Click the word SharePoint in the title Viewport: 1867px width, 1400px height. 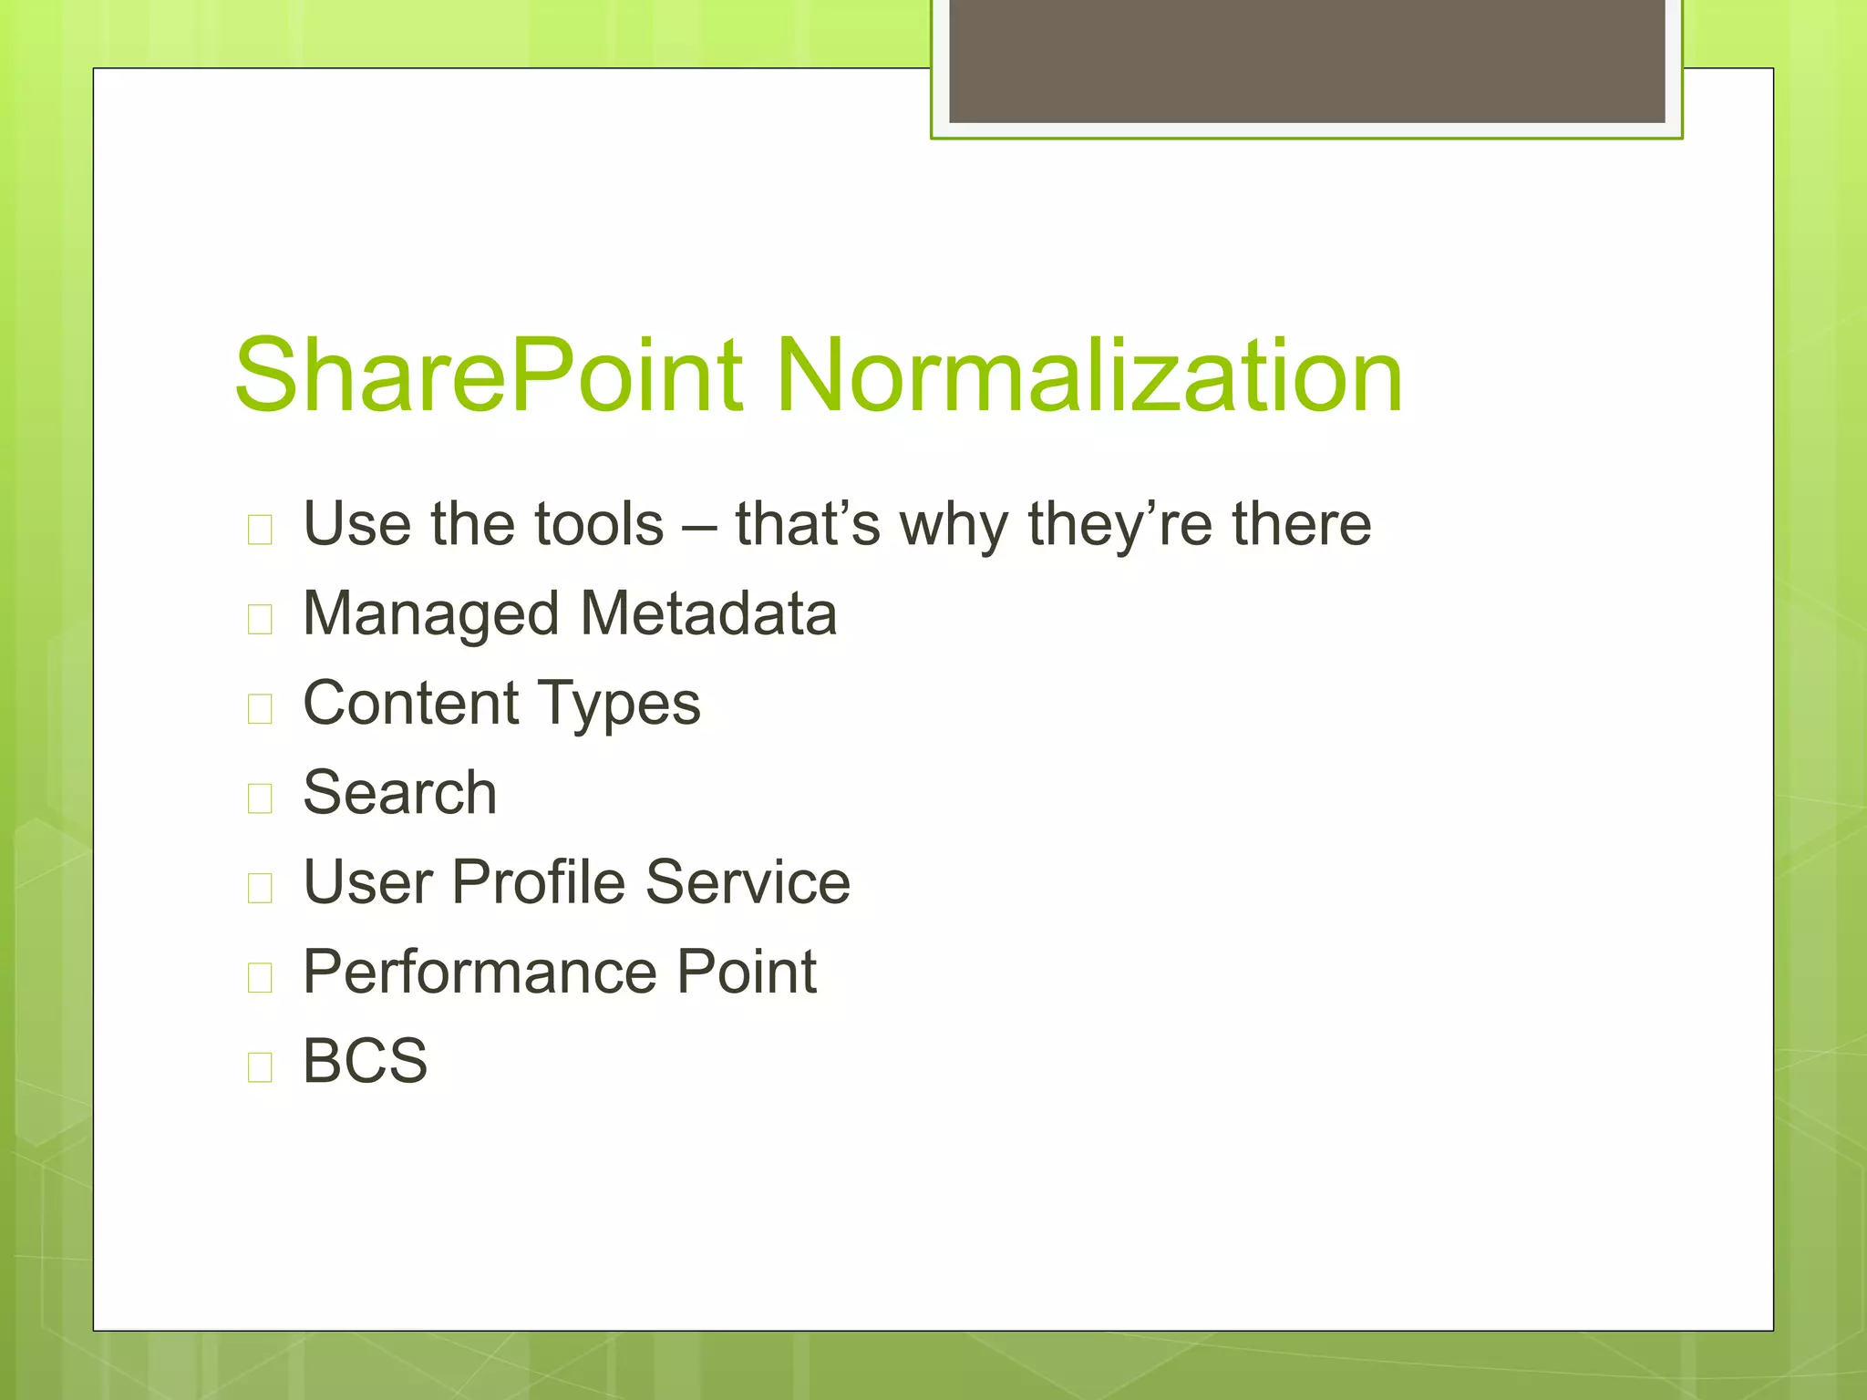click(x=488, y=376)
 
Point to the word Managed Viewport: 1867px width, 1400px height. click(x=430, y=614)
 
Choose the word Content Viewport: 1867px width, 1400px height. click(x=411, y=703)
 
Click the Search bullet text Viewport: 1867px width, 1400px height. click(x=399, y=792)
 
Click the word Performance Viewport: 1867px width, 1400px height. click(x=473, y=972)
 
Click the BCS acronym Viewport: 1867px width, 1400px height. click(x=365, y=1061)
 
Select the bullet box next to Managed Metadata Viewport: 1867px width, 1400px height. click(x=260, y=619)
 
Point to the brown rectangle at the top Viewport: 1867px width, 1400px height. click(x=1306, y=60)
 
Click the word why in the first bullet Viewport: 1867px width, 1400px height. click(x=954, y=526)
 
